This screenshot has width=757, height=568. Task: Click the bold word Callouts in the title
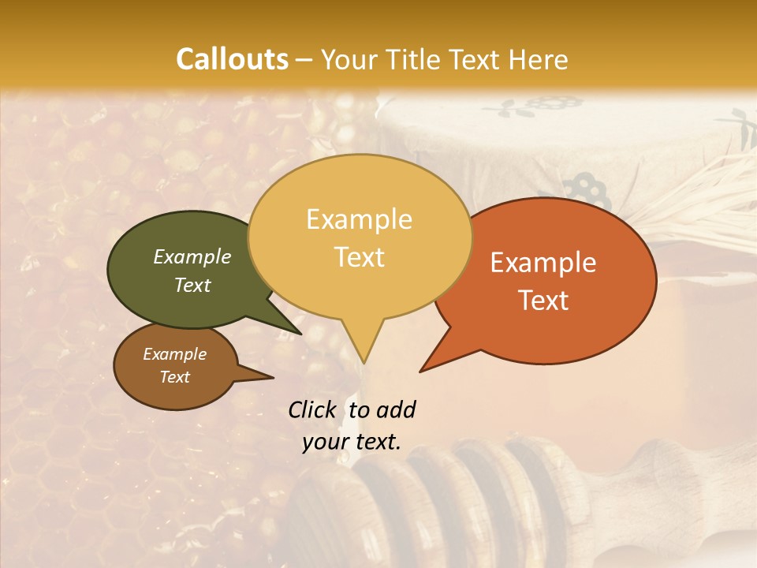pyautogui.click(x=232, y=59)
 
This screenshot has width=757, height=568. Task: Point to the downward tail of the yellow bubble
pyautogui.click(x=362, y=347)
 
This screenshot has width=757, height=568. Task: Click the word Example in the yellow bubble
pyautogui.click(x=360, y=219)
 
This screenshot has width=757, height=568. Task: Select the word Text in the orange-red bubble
pyautogui.click(x=543, y=301)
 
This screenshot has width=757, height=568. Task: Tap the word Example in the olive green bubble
pyautogui.click(x=192, y=256)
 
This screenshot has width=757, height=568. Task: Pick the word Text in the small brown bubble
pyautogui.click(x=175, y=377)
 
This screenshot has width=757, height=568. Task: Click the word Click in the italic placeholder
pyautogui.click(x=313, y=409)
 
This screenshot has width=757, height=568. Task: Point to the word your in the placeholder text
pyautogui.click(x=325, y=442)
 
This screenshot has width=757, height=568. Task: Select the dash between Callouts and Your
pyautogui.click(x=304, y=59)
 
